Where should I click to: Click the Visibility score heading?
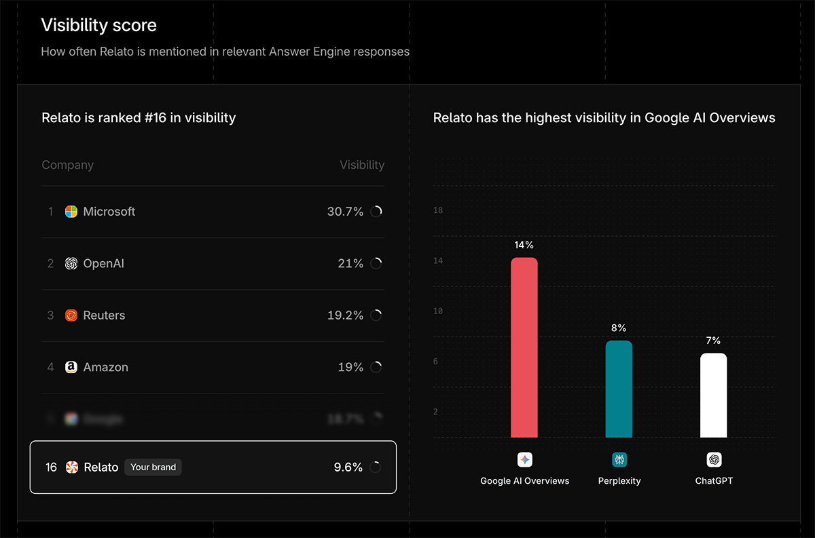click(98, 26)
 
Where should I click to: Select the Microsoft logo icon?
click(71, 212)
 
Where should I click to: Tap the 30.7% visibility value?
click(345, 212)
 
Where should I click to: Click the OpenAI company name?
click(103, 263)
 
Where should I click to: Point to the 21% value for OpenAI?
click(350, 263)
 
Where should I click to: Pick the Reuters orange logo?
click(71, 315)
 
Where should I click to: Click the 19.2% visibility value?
click(345, 315)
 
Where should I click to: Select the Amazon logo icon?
click(71, 367)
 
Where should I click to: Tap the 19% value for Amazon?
click(350, 367)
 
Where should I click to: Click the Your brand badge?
click(153, 467)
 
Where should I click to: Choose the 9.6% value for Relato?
click(348, 467)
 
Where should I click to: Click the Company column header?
click(67, 165)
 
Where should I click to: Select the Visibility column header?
click(362, 165)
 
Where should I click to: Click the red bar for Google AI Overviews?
click(524, 347)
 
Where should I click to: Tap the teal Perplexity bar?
click(619, 389)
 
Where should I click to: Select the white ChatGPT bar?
click(713, 396)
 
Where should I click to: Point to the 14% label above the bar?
click(524, 245)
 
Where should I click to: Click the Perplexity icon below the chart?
click(619, 460)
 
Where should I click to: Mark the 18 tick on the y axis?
click(438, 210)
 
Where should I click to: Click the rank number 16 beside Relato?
click(51, 467)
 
